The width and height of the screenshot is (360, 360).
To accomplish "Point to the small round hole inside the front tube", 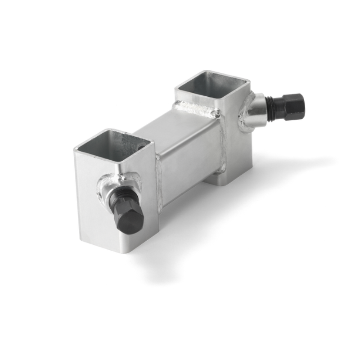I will coord(143,147).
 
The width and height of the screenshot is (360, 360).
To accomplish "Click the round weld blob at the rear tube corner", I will coord(218,115).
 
